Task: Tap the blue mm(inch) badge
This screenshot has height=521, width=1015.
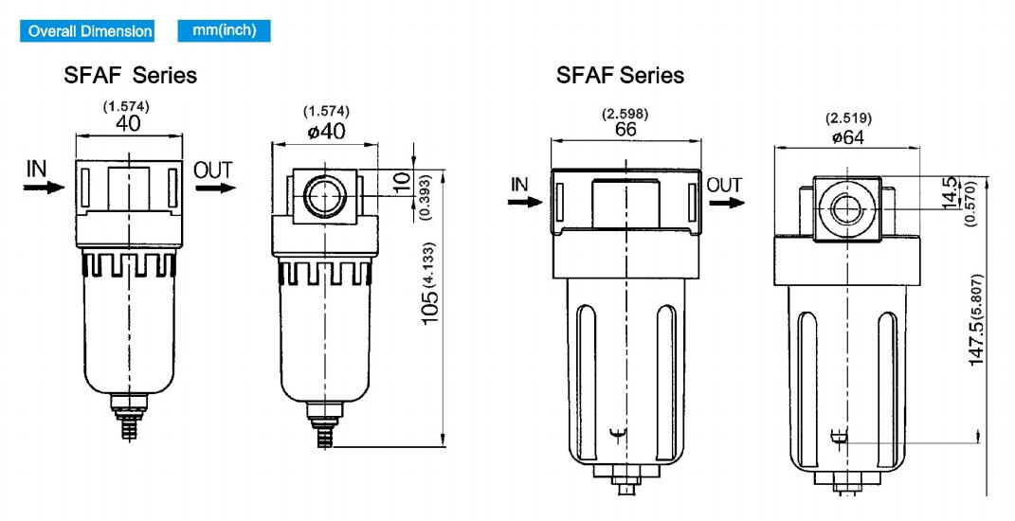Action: pos(224,30)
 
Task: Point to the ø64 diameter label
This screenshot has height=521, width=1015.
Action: pos(848,136)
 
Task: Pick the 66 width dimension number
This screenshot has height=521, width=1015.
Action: pos(625,129)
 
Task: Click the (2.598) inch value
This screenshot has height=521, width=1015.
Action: pos(625,114)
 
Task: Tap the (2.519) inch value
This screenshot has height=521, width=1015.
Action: pos(848,118)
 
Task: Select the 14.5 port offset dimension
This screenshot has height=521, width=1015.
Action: pos(951,193)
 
